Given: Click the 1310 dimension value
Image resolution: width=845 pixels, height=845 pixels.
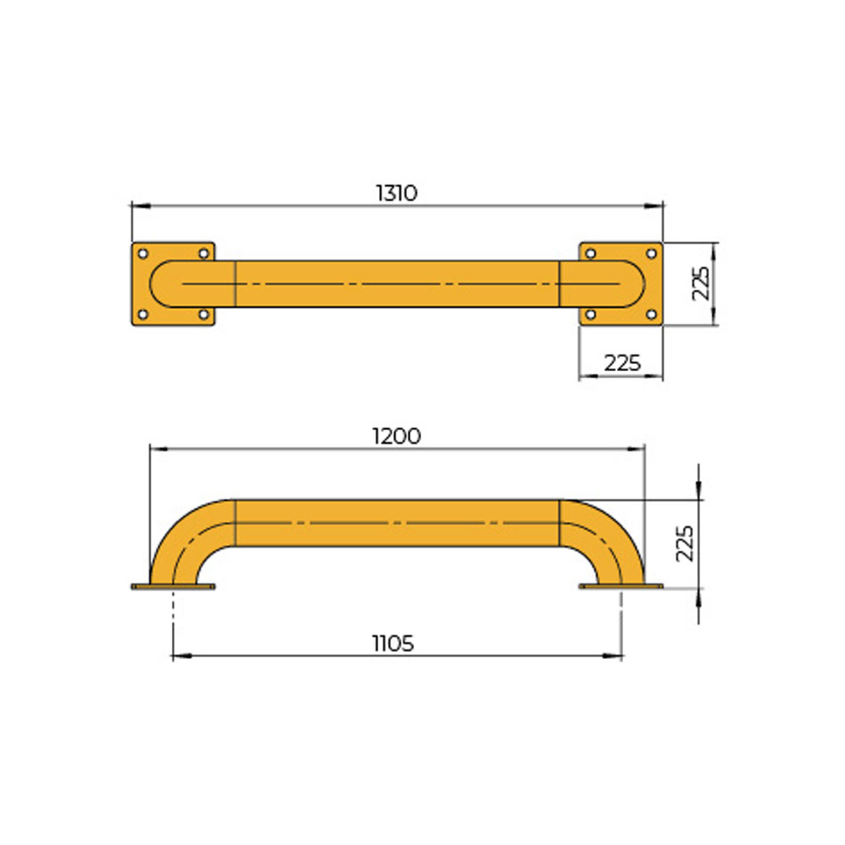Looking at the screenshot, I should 396,193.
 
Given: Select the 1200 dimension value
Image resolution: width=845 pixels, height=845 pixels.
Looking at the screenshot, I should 396,437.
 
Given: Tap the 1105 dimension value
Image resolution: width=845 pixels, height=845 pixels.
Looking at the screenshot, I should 393,644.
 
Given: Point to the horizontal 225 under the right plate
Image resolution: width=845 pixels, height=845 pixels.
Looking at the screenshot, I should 622,363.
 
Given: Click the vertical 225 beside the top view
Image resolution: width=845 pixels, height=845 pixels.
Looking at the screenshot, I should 701,284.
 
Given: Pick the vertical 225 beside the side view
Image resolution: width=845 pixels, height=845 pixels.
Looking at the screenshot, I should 684,543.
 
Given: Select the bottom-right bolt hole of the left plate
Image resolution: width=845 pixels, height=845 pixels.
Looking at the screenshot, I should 204,314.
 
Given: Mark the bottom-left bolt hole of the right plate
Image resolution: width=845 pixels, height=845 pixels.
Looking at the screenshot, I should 591,314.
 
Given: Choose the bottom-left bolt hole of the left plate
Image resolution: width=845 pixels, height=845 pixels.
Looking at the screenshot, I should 142,314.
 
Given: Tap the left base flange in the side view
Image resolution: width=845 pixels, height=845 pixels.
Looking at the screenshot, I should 173,587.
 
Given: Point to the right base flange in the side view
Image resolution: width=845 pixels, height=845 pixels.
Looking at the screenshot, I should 620,586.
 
